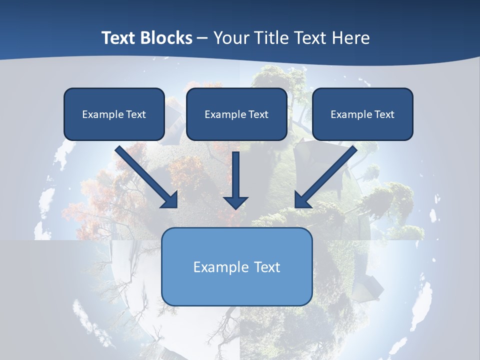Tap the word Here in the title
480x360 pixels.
click(x=351, y=38)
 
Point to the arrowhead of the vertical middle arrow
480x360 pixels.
click(x=235, y=202)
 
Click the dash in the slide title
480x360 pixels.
click(x=202, y=38)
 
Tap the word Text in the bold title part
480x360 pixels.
click(x=118, y=38)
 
